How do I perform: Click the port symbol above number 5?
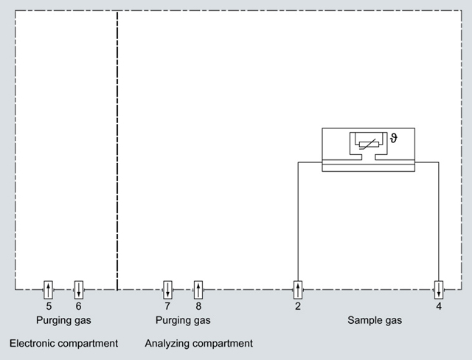coord(49,288)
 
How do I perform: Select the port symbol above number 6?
coord(79,288)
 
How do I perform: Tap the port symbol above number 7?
coord(167,288)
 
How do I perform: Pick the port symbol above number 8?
coord(198,288)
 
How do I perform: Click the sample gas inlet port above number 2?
coord(297,288)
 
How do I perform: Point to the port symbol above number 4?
coord(439,288)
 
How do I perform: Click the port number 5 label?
coord(49,305)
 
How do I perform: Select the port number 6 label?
coord(79,305)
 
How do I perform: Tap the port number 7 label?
coord(167,305)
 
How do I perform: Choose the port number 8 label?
coord(198,305)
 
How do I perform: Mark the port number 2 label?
coord(297,305)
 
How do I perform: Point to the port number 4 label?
coord(439,305)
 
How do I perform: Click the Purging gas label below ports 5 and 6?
coord(63,321)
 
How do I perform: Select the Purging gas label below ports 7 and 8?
coord(183,321)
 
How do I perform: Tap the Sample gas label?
coord(375,321)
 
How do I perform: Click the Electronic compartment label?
coord(63,344)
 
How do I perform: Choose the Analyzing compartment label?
coord(199,344)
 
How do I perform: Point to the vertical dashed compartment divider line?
coord(117,148)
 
